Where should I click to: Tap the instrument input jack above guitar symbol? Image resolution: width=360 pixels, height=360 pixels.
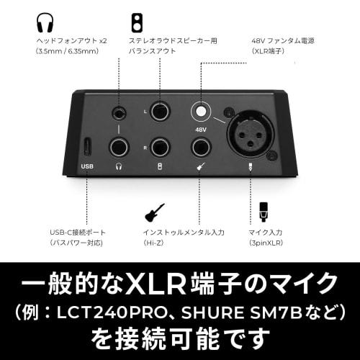[201, 147]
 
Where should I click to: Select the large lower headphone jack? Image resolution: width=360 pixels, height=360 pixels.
[119, 147]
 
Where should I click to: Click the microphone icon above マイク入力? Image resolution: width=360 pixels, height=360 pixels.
[264, 211]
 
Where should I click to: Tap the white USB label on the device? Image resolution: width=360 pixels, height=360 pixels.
[87, 167]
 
